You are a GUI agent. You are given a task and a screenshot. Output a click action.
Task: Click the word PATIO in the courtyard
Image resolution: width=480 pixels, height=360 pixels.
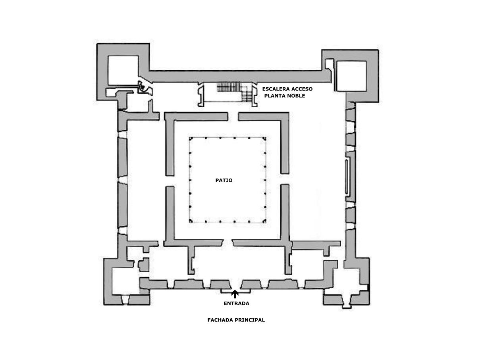(224, 180)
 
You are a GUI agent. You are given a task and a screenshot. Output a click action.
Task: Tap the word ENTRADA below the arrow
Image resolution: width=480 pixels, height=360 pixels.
(236, 303)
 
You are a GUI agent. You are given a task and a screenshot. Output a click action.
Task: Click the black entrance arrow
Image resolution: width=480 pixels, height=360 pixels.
(235, 294)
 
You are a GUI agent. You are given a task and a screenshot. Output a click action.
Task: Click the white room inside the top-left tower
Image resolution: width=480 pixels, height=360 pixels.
(123, 70)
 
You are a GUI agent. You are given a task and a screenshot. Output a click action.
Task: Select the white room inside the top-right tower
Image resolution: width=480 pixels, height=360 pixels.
(351, 76)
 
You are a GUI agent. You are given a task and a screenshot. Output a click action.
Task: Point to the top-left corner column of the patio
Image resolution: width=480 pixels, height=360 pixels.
(191, 139)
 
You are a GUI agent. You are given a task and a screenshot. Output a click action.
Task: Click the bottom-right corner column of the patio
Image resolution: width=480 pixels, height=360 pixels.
(264, 221)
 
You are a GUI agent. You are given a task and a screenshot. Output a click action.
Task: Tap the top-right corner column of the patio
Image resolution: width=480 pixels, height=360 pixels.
(264, 139)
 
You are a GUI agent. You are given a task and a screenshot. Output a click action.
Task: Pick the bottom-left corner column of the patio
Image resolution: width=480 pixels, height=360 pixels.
(191, 221)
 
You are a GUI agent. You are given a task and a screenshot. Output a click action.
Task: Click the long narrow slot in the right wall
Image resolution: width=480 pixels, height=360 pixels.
(347, 177)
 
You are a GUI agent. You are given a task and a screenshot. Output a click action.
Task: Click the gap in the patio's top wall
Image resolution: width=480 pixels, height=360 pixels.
(233, 116)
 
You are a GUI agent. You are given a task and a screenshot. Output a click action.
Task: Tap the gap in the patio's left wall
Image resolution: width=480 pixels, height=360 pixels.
(170, 181)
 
